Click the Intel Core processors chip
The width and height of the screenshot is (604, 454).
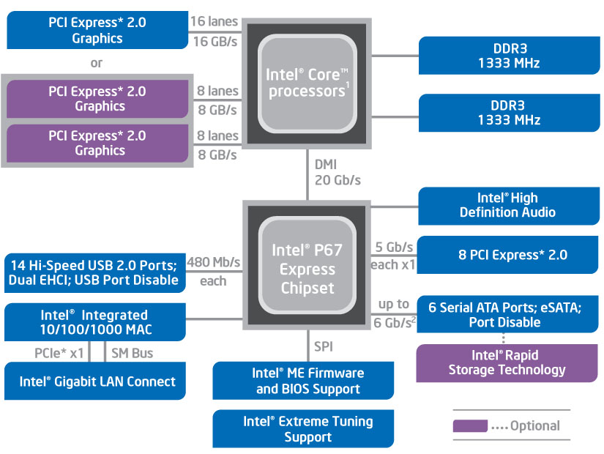coord(307,82)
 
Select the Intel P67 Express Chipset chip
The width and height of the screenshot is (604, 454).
coord(307,268)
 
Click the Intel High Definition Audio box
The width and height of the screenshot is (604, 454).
coord(507,205)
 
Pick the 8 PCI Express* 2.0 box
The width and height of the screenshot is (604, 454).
coord(507,256)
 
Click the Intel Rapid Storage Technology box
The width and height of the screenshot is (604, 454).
coord(507,362)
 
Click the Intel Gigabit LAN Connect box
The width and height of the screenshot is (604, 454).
coord(97,382)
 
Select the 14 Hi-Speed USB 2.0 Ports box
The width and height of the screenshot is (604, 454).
coord(93,272)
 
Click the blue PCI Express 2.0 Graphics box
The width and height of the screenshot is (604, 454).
coord(97,30)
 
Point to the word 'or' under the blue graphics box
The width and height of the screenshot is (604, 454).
coord(97,63)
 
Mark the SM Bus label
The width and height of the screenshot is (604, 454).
coord(132,353)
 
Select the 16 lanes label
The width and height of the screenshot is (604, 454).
coord(214,22)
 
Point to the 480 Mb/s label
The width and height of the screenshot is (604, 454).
coord(214,261)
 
